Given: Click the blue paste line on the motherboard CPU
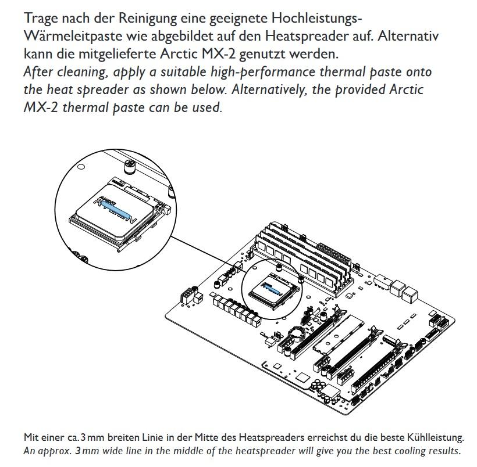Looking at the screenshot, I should [x=271, y=286].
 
